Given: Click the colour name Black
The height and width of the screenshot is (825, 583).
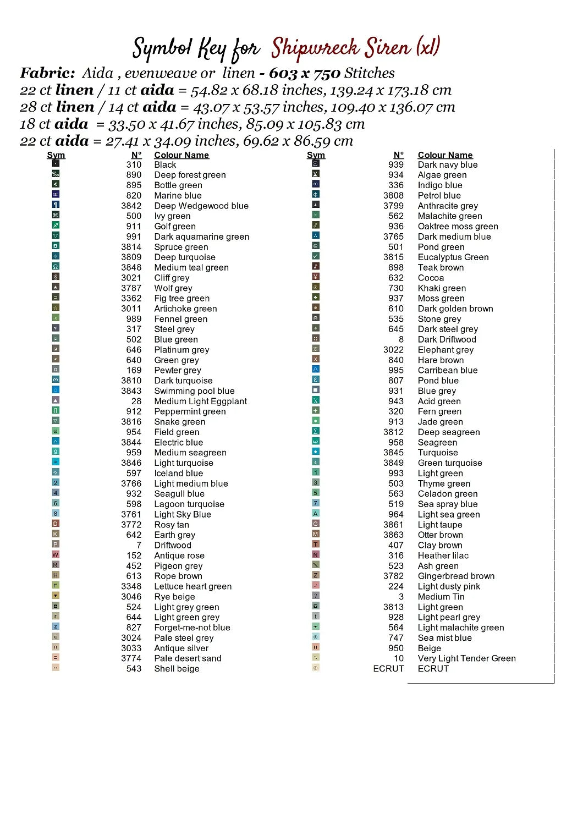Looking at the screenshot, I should pyautogui.click(x=165, y=165).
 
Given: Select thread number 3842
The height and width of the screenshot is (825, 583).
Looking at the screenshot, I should pyautogui.click(x=131, y=206).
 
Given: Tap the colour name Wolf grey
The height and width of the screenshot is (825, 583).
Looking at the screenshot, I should pyautogui.click(x=173, y=288).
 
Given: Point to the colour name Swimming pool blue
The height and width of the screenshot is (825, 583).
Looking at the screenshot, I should pyautogui.click(x=194, y=391).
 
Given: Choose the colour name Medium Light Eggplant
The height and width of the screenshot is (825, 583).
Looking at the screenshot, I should pyautogui.click(x=200, y=402).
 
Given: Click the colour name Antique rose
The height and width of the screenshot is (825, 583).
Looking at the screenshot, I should pyautogui.click(x=179, y=555).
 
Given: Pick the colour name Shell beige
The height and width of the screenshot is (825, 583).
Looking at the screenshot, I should pyautogui.click(x=177, y=669).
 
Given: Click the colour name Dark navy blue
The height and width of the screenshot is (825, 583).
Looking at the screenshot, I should pyautogui.click(x=448, y=165).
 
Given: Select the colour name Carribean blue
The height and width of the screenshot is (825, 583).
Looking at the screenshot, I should pyautogui.click(x=448, y=371).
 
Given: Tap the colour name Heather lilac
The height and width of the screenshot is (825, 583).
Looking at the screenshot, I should pyautogui.click(x=443, y=555).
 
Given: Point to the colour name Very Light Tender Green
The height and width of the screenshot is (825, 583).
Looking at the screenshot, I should pyautogui.click(x=466, y=658).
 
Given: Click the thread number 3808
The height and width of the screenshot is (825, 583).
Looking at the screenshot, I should pyautogui.click(x=393, y=196).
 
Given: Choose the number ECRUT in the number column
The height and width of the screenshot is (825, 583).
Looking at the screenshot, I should pyautogui.click(x=388, y=669).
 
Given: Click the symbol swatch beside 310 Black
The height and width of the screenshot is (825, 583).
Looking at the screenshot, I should pyautogui.click(x=56, y=163).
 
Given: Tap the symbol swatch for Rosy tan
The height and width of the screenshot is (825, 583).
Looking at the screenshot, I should pyautogui.click(x=56, y=524).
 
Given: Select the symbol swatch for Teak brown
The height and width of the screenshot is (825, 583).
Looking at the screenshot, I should pyautogui.click(x=316, y=266).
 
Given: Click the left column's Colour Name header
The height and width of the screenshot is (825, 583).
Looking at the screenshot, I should pyautogui.click(x=182, y=155).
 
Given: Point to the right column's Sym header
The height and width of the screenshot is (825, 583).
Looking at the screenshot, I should pyautogui.click(x=316, y=155).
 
